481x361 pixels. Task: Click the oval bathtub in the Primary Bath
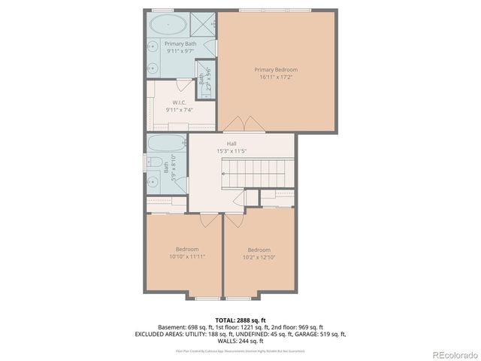tap(168, 25)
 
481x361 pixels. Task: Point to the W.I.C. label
tap(179, 103)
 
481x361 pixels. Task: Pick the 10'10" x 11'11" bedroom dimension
tap(187, 256)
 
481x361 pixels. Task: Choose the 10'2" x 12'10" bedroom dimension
tap(259, 257)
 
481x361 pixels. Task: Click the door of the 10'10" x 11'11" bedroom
tap(206, 220)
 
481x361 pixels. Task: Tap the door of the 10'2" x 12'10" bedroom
tap(234, 220)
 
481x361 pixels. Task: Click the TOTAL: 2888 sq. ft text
tap(240, 320)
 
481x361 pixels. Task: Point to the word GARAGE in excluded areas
tap(300, 334)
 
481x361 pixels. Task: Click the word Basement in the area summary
tap(171, 327)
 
